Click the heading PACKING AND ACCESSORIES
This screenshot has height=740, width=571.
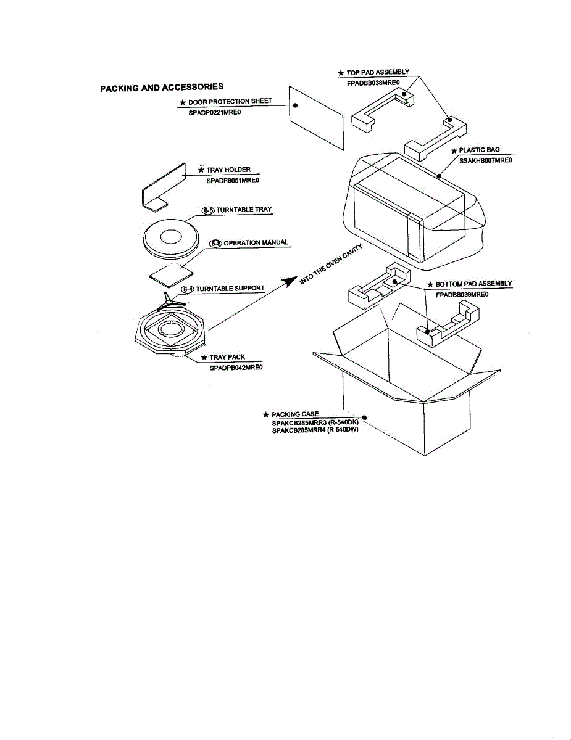[162, 88]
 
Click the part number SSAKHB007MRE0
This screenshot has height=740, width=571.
[486, 160]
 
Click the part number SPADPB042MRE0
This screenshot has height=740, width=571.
[236, 368]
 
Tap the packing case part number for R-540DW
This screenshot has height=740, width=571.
[315, 430]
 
